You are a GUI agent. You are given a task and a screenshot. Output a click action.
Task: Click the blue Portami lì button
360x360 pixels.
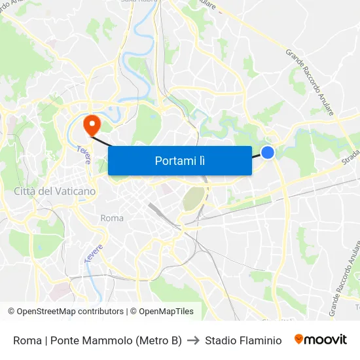pos(179,160)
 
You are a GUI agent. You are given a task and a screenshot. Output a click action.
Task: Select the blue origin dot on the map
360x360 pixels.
pos(268,153)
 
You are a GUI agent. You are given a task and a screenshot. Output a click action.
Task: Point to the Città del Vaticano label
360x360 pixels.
pos(54,191)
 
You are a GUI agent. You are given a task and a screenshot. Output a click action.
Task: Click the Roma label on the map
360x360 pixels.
pos(112,218)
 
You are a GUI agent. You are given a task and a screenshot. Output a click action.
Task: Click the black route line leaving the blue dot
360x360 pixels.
pos(257,156)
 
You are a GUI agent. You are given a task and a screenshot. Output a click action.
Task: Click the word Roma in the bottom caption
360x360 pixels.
pos(26,340)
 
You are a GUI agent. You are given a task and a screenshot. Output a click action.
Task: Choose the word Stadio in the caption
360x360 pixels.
pos(220,340)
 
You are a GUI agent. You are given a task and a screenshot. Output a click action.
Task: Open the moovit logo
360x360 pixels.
pos(321,340)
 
